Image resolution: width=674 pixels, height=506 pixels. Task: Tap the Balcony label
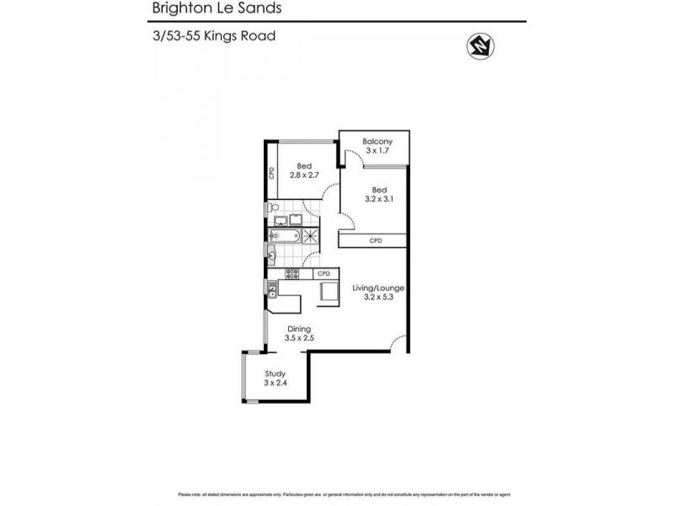click(378, 146)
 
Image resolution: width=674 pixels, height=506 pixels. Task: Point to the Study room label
click(275, 378)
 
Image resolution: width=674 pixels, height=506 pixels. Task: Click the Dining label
click(299, 333)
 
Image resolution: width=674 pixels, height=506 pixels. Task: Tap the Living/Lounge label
click(375, 293)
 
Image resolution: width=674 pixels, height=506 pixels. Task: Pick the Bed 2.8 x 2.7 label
click(303, 170)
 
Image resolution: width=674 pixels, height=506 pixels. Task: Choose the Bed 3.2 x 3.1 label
click(378, 195)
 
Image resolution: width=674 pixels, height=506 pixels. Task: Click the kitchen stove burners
click(292, 273)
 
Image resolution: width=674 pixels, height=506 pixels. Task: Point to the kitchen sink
click(273, 288)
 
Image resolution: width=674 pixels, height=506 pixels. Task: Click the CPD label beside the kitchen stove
click(324, 273)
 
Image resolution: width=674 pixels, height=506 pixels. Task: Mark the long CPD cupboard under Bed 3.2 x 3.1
click(374, 241)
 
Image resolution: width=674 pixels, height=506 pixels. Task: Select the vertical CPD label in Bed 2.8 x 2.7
click(271, 173)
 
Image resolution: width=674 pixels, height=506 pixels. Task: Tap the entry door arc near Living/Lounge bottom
click(401, 343)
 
